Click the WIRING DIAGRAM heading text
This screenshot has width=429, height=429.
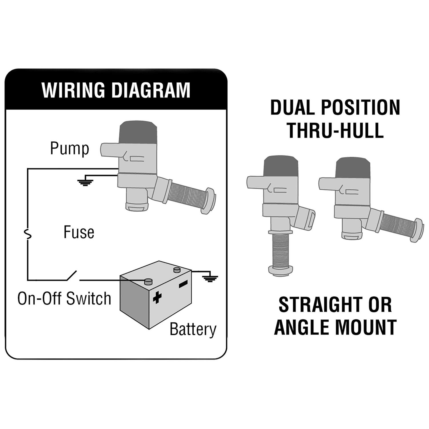click(116, 90)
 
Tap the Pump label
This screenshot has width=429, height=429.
click(69, 149)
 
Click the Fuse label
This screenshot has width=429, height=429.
click(79, 232)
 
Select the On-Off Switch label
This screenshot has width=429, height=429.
click(64, 299)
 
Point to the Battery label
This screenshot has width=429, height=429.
click(193, 329)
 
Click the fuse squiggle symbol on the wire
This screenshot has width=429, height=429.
click(28, 235)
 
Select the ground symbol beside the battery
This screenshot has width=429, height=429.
click(210, 278)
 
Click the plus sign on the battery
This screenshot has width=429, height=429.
click(157, 297)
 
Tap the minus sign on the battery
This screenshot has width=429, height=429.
click(183, 284)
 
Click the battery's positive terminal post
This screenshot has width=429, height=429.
click(148, 281)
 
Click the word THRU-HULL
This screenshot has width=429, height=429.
click(335, 130)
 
